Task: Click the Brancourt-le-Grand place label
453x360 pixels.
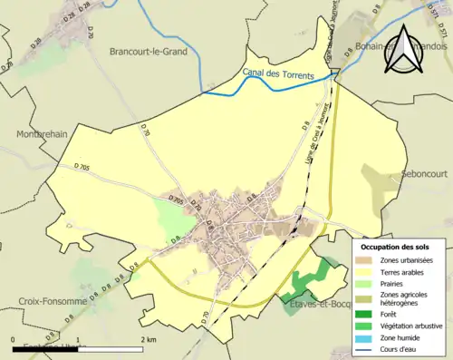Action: tap(148, 53)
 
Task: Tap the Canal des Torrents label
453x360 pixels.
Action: tap(285, 73)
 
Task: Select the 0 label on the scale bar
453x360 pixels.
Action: tap(14, 338)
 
